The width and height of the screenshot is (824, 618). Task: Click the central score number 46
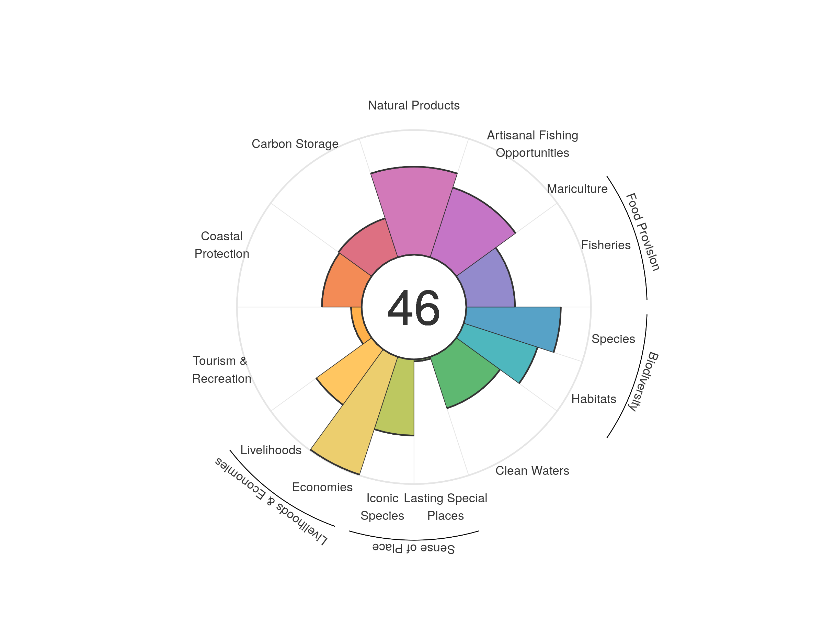click(x=413, y=308)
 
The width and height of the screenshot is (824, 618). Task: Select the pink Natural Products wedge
click(x=414, y=212)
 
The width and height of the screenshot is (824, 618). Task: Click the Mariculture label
click(x=577, y=189)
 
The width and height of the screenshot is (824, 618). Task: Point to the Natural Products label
click(x=413, y=105)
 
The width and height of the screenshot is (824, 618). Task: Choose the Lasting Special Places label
click(x=445, y=507)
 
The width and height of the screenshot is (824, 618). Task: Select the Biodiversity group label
click(x=643, y=381)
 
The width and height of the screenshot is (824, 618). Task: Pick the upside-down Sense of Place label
click(x=413, y=548)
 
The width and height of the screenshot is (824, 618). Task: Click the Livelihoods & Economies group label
click(x=271, y=501)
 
